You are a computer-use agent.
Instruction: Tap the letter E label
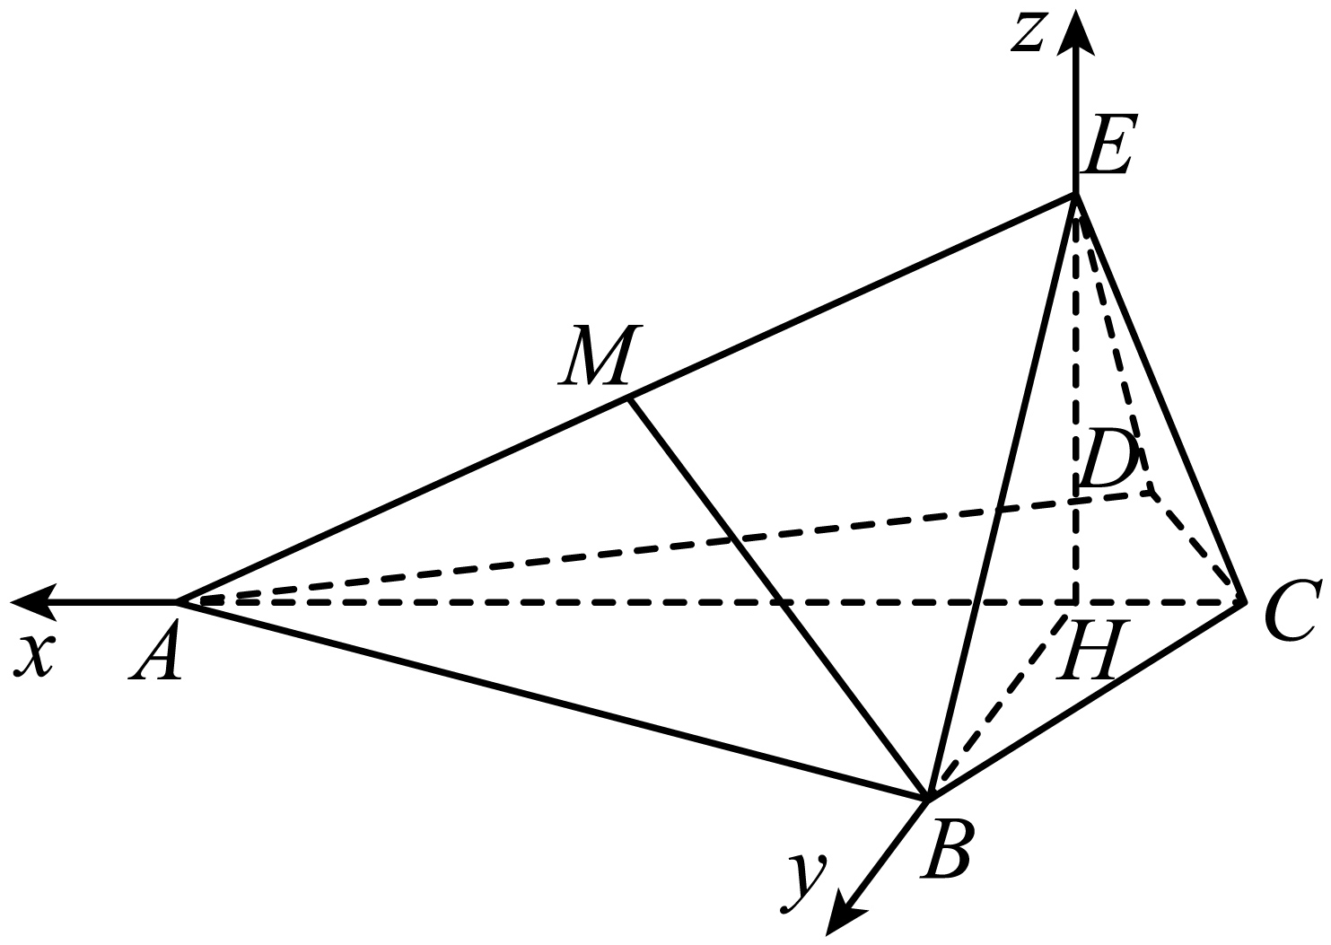(x=1107, y=144)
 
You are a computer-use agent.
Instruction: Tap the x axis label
(x=35, y=656)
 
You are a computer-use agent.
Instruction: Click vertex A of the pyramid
(x=179, y=601)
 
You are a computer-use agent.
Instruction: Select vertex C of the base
(x=1244, y=601)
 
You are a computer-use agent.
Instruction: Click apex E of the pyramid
(x=1075, y=194)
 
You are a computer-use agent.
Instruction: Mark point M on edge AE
(x=628, y=398)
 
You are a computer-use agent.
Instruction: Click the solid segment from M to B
(x=778, y=598)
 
